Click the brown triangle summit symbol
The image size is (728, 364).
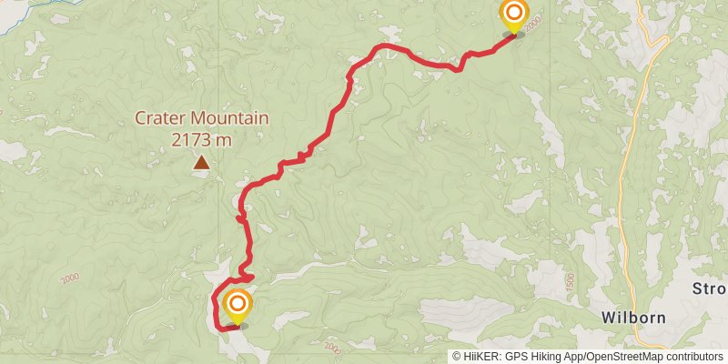click(200, 163)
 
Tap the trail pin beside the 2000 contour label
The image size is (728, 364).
click(514, 15)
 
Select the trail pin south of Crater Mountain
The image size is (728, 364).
click(238, 305)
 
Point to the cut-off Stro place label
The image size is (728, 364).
click(711, 289)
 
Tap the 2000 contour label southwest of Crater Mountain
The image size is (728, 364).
click(70, 279)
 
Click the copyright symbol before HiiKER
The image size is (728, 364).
click(457, 357)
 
